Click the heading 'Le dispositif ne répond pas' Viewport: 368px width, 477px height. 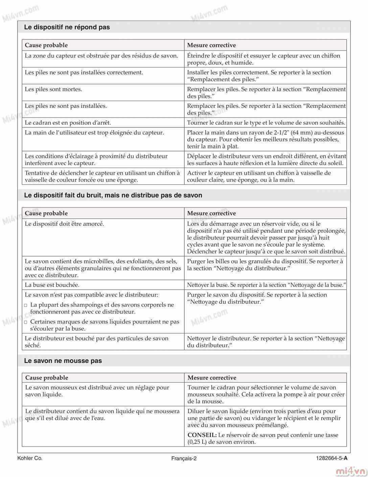click(x=67, y=27)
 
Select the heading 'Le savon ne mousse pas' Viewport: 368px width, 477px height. click(x=63, y=361)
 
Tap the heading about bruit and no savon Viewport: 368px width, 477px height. click(x=113, y=195)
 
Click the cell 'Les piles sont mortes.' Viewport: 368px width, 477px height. click(x=53, y=89)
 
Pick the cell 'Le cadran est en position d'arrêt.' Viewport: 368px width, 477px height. click(x=68, y=123)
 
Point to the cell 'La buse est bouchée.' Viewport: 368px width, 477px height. click(x=52, y=285)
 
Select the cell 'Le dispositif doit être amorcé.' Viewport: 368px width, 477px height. click(x=64, y=224)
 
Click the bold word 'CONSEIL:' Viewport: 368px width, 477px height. click(x=202, y=435)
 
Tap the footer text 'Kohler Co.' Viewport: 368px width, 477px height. click(x=30, y=458)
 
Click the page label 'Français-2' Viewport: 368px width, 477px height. click(x=184, y=459)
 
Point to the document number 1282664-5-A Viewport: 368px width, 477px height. click(x=331, y=459)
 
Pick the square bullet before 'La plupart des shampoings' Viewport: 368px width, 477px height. click(x=26, y=305)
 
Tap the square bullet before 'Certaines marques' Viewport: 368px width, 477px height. click(x=26, y=322)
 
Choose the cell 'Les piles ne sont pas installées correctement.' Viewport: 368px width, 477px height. click(x=84, y=72)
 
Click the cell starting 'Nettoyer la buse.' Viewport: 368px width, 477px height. click(x=266, y=285)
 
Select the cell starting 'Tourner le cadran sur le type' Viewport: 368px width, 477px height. click(x=266, y=123)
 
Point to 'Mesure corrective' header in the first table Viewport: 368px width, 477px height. click(x=211, y=45)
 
